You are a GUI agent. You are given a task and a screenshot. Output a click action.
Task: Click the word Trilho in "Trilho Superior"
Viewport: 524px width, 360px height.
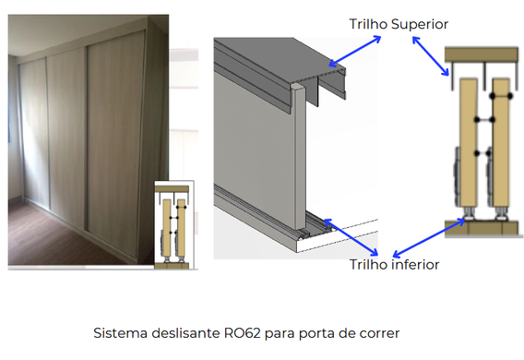[x=368, y=24]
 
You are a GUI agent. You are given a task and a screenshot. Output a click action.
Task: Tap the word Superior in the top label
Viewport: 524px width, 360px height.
[x=420, y=24]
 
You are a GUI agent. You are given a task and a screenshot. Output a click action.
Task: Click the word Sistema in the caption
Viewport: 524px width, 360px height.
[x=120, y=333]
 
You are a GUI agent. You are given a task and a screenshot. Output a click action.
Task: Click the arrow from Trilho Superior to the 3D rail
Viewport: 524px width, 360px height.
[x=354, y=51]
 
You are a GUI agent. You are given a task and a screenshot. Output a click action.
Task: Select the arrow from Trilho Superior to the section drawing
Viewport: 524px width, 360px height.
[x=431, y=56]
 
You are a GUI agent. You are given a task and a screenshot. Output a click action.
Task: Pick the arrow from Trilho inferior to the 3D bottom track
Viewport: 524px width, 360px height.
[x=351, y=237]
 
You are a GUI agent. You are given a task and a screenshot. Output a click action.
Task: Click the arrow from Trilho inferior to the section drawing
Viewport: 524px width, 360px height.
[x=429, y=238]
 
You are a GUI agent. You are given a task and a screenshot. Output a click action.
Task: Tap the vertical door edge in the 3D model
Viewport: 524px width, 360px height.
[x=300, y=158]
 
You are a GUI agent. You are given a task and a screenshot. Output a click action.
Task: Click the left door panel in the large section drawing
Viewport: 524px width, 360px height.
[x=469, y=143]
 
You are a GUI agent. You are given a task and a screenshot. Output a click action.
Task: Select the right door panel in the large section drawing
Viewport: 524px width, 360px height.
[x=501, y=143]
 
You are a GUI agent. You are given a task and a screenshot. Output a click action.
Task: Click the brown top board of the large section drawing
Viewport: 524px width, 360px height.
[x=482, y=54]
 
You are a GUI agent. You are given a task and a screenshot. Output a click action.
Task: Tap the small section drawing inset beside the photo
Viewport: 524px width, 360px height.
[x=174, y=224]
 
